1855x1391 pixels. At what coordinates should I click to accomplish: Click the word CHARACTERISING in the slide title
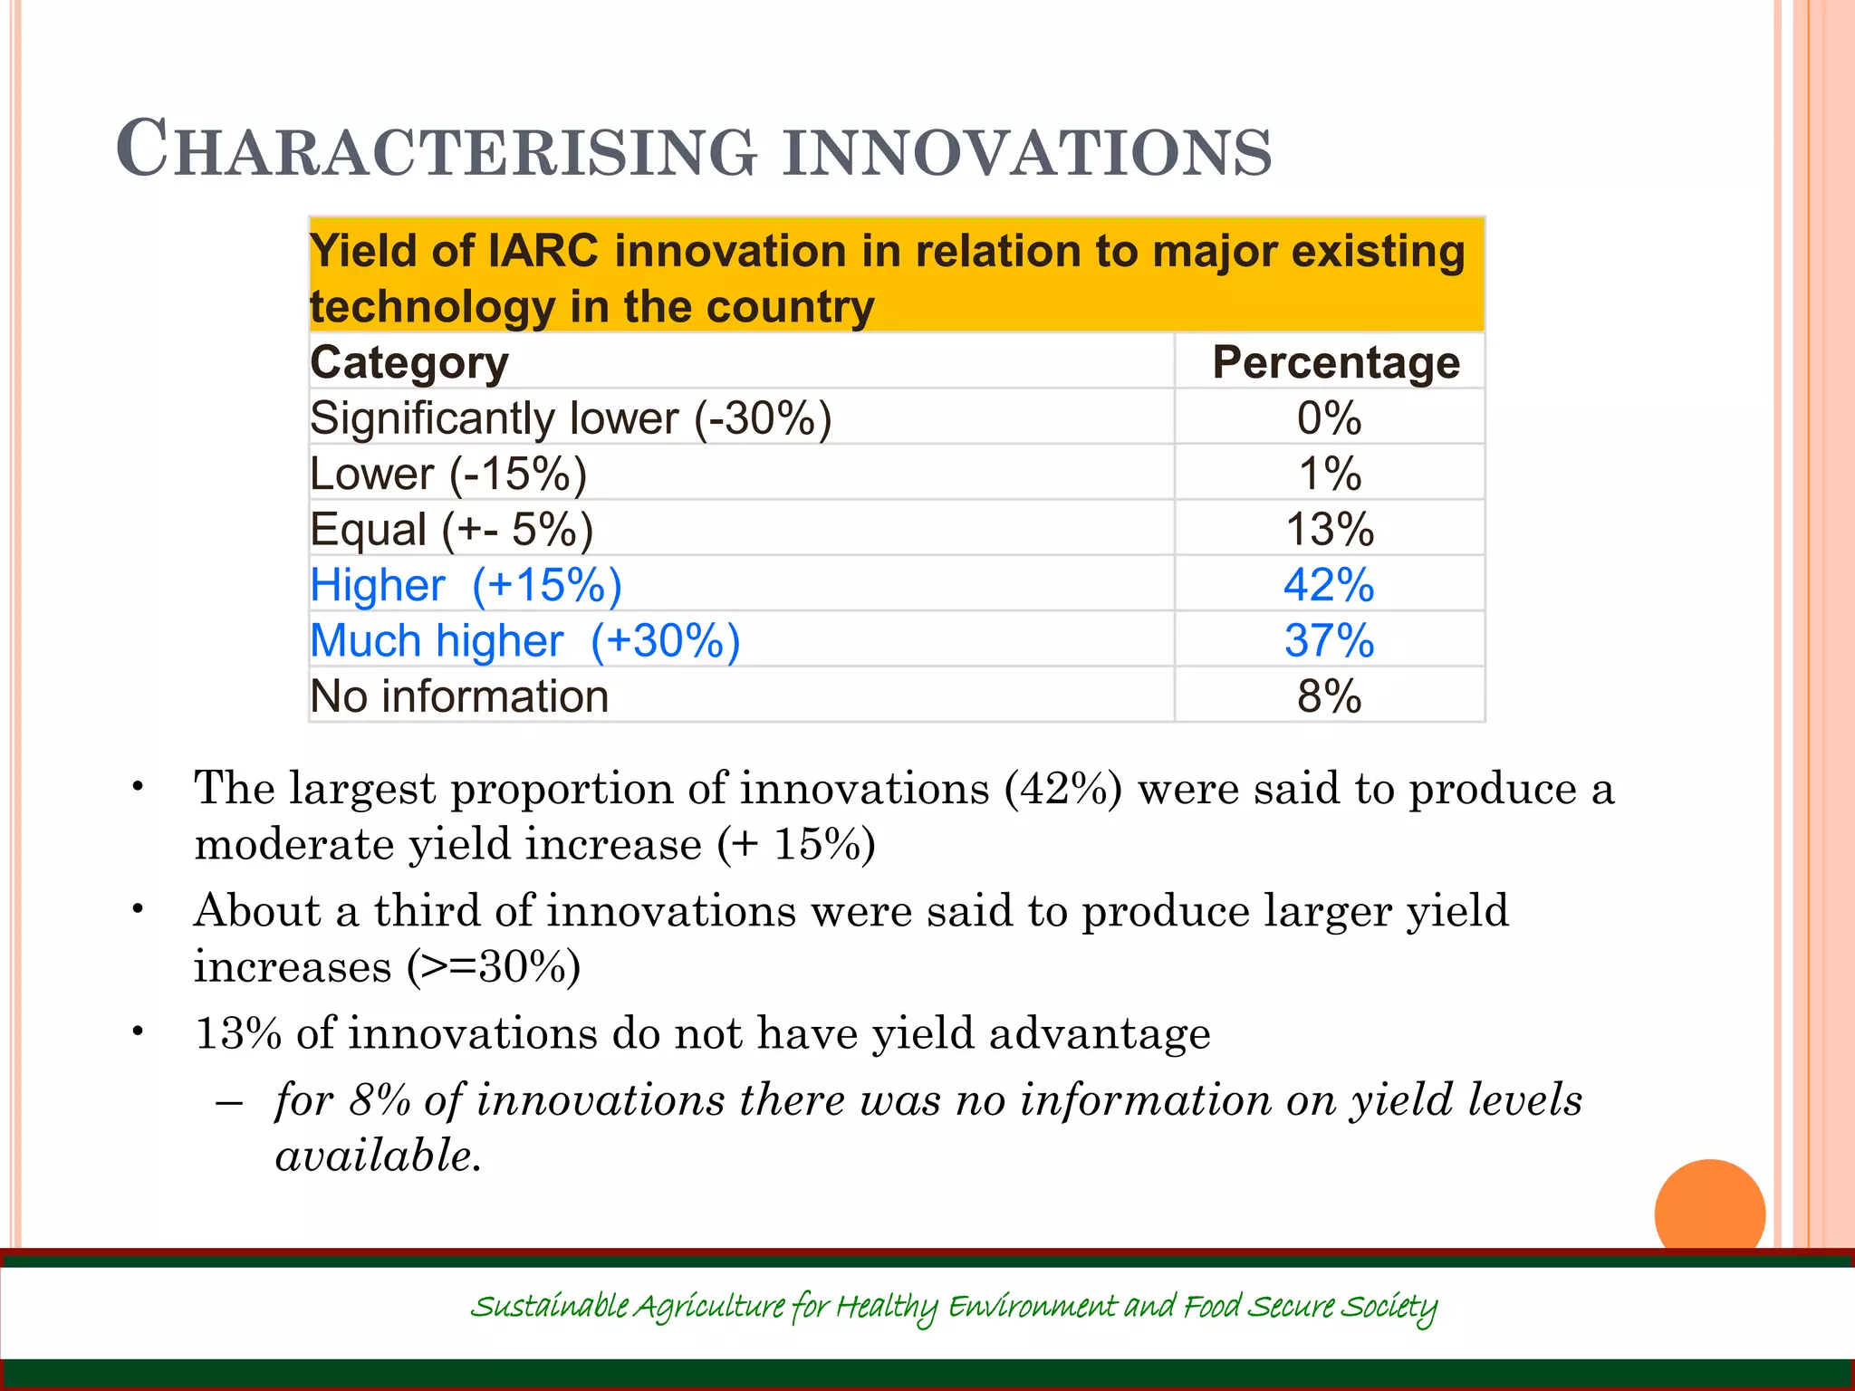435,150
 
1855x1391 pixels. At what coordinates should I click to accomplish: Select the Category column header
409,362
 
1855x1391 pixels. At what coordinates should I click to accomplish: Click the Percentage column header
1335,362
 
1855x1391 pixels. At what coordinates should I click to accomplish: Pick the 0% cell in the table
1329,418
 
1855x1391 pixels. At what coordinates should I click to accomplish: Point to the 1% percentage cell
1329,474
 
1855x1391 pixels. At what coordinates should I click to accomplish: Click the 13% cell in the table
1329,530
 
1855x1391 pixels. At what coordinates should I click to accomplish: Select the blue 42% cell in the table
1329,585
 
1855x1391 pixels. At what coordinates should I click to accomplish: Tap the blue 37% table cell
1329,641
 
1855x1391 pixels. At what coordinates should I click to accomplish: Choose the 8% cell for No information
1329,696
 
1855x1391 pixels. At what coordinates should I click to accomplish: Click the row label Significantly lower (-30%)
571,418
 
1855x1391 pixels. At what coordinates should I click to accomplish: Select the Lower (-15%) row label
448,474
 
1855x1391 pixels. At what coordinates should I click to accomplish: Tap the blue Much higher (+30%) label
525,641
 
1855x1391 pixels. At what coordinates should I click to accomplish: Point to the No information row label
459,696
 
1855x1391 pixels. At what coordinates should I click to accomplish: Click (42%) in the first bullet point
1062,788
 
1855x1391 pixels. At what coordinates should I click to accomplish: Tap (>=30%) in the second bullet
493,966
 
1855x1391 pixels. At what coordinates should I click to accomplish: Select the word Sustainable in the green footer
549,1307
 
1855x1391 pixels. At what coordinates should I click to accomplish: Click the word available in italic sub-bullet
377,1156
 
